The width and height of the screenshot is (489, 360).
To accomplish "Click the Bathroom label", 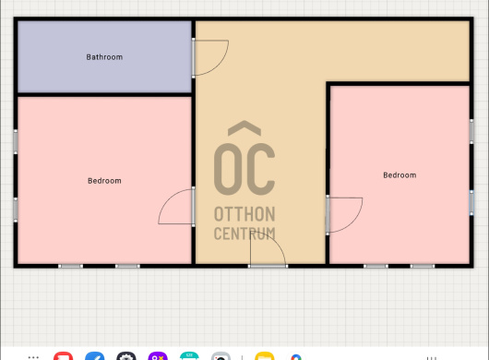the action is [104, 57].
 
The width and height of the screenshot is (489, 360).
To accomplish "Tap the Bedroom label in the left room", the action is [104, 181].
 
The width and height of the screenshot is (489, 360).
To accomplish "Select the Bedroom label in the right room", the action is [400, 175].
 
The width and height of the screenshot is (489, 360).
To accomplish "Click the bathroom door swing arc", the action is [221, 63].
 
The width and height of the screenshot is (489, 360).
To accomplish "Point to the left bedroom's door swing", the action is [165, 200].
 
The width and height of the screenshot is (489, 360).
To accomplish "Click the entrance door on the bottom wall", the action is [268, 266].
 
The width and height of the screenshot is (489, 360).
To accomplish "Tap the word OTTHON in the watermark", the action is [244, 214].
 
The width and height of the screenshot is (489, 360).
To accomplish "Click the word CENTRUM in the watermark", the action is [244, 234].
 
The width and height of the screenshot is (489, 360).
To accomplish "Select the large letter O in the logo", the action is [228, 169].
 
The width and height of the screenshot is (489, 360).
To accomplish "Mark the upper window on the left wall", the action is [16, 142].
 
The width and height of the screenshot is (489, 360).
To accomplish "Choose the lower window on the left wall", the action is [16, 210].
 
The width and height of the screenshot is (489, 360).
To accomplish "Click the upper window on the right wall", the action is [471, 132].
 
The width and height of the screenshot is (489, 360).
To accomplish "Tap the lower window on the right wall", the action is [471, 203].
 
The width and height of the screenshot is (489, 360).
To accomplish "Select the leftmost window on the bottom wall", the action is [71, 266].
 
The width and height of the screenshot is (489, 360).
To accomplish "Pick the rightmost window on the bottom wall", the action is [423, 266].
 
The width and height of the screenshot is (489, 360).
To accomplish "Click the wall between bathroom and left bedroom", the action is [104, 94].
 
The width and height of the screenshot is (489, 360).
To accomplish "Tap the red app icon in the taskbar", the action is [64, 356].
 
